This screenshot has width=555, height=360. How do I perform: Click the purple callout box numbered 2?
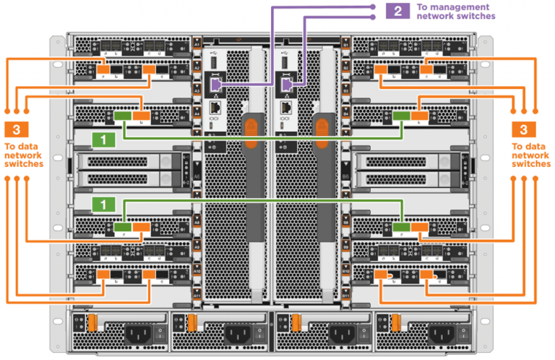[397, 10]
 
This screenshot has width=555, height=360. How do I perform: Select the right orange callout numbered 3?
[524, 130]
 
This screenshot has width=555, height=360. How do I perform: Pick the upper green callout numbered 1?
[106, 137]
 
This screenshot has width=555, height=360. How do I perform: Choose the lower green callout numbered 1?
[106, 204]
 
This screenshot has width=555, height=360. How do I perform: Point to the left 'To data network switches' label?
[24, 154]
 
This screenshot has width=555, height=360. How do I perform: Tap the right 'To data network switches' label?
[531, 154]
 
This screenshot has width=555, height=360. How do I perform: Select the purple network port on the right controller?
[287, 85]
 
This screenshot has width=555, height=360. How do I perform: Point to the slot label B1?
[346, 45]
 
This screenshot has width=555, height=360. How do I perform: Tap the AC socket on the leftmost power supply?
[135, 334]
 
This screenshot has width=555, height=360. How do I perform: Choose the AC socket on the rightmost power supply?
[440, 334]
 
